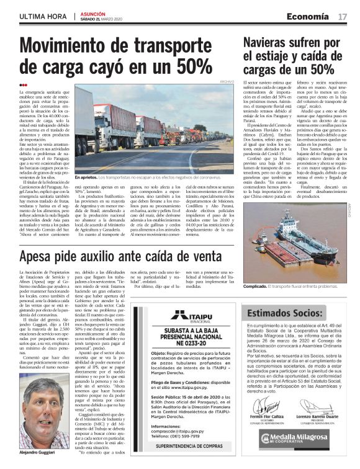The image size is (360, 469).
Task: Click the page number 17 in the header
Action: [x=343, y=16]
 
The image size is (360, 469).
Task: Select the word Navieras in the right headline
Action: [x=269, y=43]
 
